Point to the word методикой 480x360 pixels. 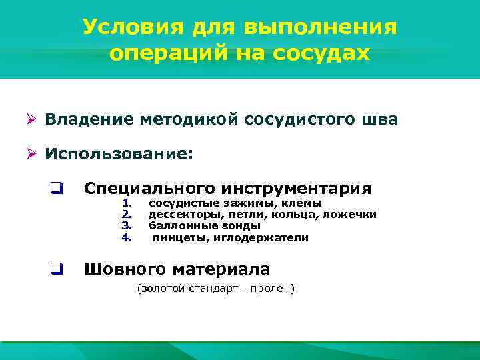click(181, 120)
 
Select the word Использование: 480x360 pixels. click(119, 155)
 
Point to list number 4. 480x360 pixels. click(128, 238)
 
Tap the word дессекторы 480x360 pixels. click(179, 215)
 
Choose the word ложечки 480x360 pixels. click(353, 215)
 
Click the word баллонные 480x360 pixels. click(177, 226)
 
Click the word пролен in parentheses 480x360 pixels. click(273, 289)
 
